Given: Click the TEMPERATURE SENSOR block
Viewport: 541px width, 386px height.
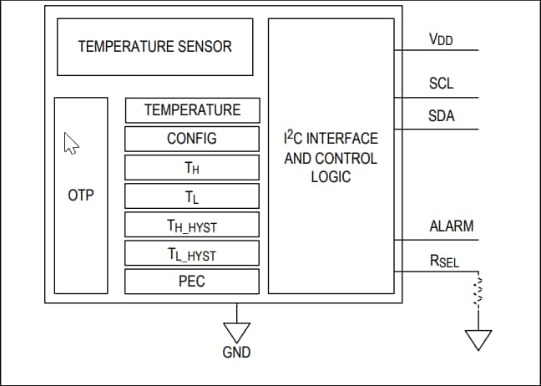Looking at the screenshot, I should tap(154, 47).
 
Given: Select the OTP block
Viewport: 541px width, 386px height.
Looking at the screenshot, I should tap(81, 196).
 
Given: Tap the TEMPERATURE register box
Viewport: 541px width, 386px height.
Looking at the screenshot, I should tap(192, 110).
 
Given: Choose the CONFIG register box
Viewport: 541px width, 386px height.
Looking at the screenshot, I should tap(192, 139).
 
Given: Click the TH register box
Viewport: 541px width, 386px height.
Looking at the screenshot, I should tap(192, 167).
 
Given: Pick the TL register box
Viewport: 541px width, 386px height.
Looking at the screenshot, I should tap(192, 196).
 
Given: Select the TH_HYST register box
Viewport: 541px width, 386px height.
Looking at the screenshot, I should tap(192, 225).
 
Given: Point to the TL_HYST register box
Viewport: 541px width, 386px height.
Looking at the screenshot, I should tap(192, 253).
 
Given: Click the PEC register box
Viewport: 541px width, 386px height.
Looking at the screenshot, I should tap(192, 281).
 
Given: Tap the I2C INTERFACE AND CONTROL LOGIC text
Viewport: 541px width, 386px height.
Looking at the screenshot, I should tap(331, 158).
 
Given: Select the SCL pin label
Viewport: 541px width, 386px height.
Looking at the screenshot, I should tap(441, 84).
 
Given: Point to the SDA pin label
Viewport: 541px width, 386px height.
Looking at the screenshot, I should tap(442, 116).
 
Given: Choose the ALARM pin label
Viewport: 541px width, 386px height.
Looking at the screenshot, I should tap(451, 226).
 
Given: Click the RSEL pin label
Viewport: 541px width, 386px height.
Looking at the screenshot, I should tap(444, 262).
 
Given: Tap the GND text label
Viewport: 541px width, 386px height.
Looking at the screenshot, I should tap(236, 353).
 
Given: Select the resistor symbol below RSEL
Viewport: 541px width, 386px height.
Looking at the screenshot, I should tap(478, 292).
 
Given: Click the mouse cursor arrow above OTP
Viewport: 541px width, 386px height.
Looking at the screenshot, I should tap(72, 143).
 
